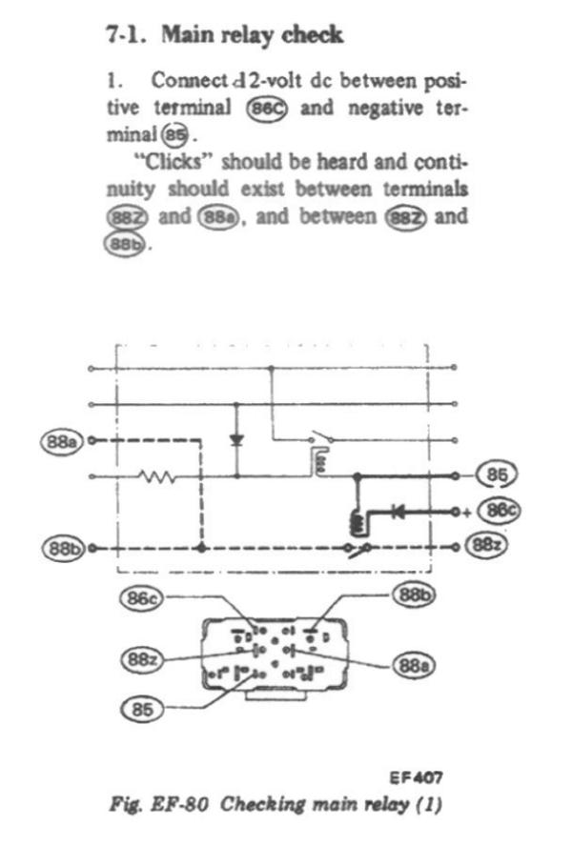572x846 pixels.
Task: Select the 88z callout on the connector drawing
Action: (x=143, y=658)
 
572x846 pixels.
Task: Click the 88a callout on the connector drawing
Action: (x=417, y=664)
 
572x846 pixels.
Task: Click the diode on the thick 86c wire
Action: (x=392, y=511)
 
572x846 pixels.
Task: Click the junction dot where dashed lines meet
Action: (x=199, y=548)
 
